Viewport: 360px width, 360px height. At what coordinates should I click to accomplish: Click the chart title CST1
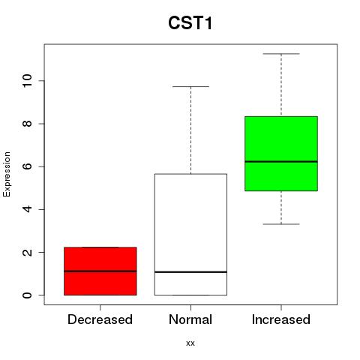190,23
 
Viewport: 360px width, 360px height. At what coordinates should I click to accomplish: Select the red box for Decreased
100,271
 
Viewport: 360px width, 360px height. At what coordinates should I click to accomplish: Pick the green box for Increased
281,154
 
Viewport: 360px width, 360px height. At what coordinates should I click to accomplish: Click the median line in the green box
281,161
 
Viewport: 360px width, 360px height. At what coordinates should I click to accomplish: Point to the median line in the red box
100,271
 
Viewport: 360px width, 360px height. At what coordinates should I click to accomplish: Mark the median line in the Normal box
190,271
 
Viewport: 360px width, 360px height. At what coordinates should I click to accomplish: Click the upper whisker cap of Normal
190,86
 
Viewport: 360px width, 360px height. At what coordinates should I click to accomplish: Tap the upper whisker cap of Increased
281,54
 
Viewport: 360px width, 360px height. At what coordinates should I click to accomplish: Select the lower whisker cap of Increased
281,224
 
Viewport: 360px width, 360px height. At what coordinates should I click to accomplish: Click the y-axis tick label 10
27,81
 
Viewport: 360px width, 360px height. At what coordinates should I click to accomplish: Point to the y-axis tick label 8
27,124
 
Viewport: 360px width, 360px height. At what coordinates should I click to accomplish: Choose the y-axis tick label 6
27,166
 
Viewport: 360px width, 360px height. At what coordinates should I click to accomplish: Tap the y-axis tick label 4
27,209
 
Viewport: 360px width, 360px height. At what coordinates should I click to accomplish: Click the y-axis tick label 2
27,252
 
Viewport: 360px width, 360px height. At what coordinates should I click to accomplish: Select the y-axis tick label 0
27,295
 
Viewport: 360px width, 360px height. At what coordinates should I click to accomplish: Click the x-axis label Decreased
100,319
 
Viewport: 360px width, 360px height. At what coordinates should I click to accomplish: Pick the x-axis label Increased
281,319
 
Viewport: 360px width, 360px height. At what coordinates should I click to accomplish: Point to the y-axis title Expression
7,174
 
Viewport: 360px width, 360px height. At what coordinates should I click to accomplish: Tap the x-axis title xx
190,343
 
